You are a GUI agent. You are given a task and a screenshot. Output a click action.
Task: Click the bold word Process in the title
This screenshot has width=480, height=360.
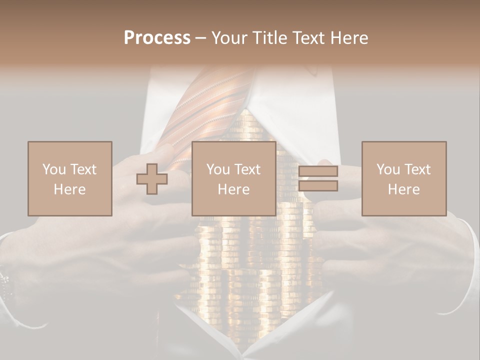157,38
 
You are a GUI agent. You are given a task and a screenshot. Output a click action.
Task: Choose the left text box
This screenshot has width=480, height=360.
70,178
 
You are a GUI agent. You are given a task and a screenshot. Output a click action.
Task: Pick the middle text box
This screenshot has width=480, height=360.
233,178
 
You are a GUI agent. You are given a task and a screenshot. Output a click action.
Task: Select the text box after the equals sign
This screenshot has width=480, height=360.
404,178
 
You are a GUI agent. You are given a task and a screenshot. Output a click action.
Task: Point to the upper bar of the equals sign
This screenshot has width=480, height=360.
318,171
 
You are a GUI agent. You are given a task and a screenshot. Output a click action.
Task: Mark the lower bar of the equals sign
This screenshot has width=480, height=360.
318,186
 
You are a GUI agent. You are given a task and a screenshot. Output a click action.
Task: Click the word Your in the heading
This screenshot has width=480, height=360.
230,38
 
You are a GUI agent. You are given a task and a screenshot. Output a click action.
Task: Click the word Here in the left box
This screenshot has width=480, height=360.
70,189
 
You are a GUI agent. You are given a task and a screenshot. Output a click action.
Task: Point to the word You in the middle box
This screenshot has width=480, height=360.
218,169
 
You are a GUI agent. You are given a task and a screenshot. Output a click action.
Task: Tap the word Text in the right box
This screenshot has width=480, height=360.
416,169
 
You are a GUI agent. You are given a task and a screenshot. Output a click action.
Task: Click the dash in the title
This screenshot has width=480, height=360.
200,38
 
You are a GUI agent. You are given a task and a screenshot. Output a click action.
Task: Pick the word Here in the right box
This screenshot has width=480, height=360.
404,189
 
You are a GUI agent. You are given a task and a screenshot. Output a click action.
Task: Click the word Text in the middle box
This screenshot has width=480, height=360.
246,169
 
